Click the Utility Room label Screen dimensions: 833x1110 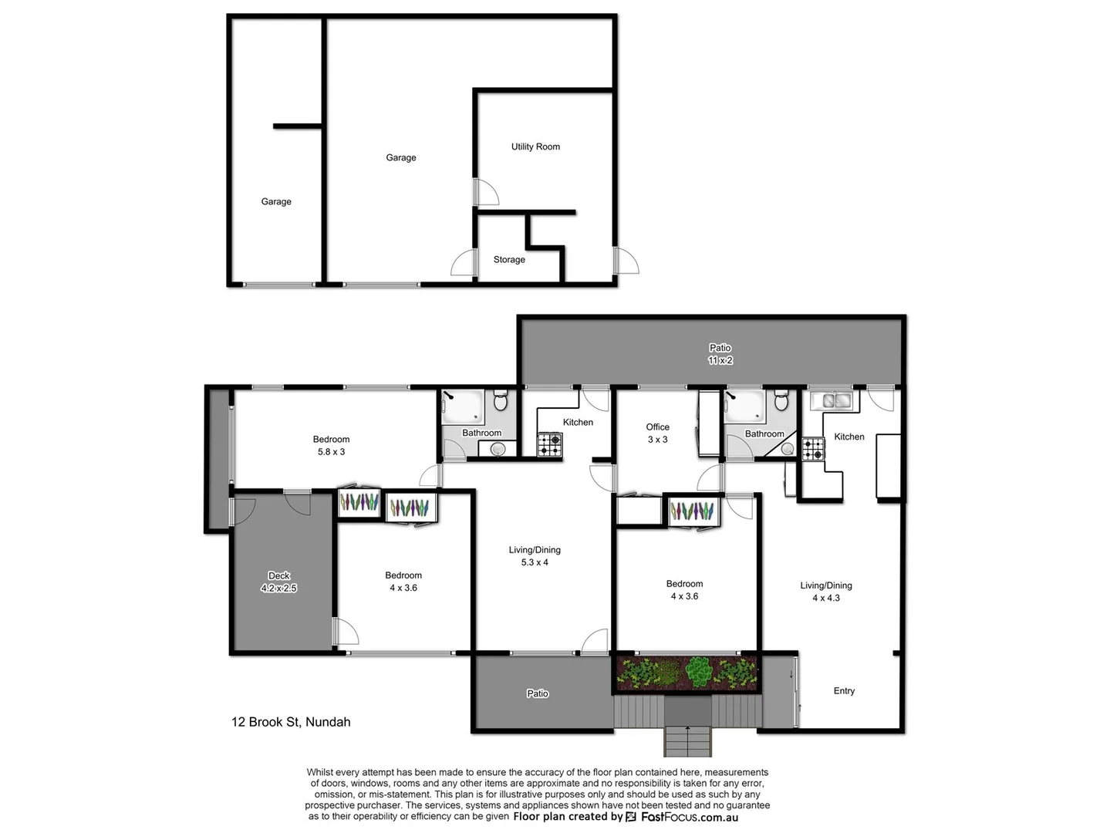tap(535, 147)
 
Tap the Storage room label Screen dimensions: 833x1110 tap(509, 259)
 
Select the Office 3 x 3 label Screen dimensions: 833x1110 tap(657, 433)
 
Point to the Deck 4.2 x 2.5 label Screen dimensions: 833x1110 tap(279, 582)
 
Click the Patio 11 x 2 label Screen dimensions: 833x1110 tap(720, 354)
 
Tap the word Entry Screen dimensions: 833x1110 tap(844, 691)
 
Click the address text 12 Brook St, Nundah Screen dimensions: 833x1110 tap(291, 722)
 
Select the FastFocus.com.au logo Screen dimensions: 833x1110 tap(682, 817)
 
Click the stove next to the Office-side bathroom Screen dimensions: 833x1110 tap(813, 449)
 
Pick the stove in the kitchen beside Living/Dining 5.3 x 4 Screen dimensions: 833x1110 tap(550, 444)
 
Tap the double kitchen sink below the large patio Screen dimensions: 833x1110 tap(832, 400)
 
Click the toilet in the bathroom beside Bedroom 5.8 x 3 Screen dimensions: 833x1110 tap(500, 401)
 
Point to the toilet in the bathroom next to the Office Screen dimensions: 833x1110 tap(781, 401)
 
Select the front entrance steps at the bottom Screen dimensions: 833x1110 tap(687, 740)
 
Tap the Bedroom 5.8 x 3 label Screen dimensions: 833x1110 tap(331, 446)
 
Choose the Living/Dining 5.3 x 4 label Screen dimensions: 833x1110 tap(535, 556)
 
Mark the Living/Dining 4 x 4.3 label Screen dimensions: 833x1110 tap(825, 592)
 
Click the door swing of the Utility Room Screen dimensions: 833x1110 tap(486, 192)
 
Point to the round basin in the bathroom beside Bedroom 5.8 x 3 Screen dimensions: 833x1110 tap(498, 449)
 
